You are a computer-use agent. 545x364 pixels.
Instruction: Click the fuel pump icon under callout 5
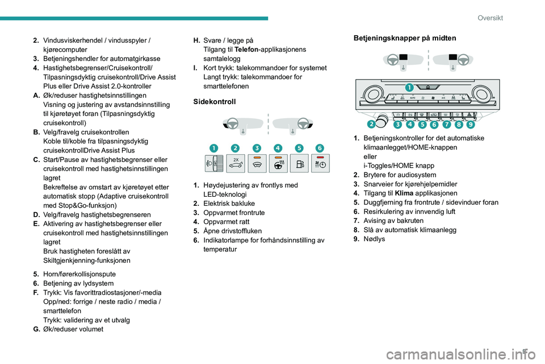point(297,164)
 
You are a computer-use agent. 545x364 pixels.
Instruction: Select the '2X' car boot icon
point(234,165)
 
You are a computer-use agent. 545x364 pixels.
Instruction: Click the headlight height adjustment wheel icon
point(213,164)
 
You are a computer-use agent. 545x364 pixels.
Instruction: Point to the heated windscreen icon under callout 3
point(256,164)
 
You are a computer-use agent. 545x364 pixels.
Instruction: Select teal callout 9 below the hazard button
point(471,123)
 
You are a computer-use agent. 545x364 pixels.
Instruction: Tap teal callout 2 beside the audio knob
point(371,123)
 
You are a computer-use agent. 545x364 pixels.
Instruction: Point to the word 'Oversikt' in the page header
point(490,18)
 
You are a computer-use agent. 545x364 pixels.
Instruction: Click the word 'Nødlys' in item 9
point(374,238)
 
